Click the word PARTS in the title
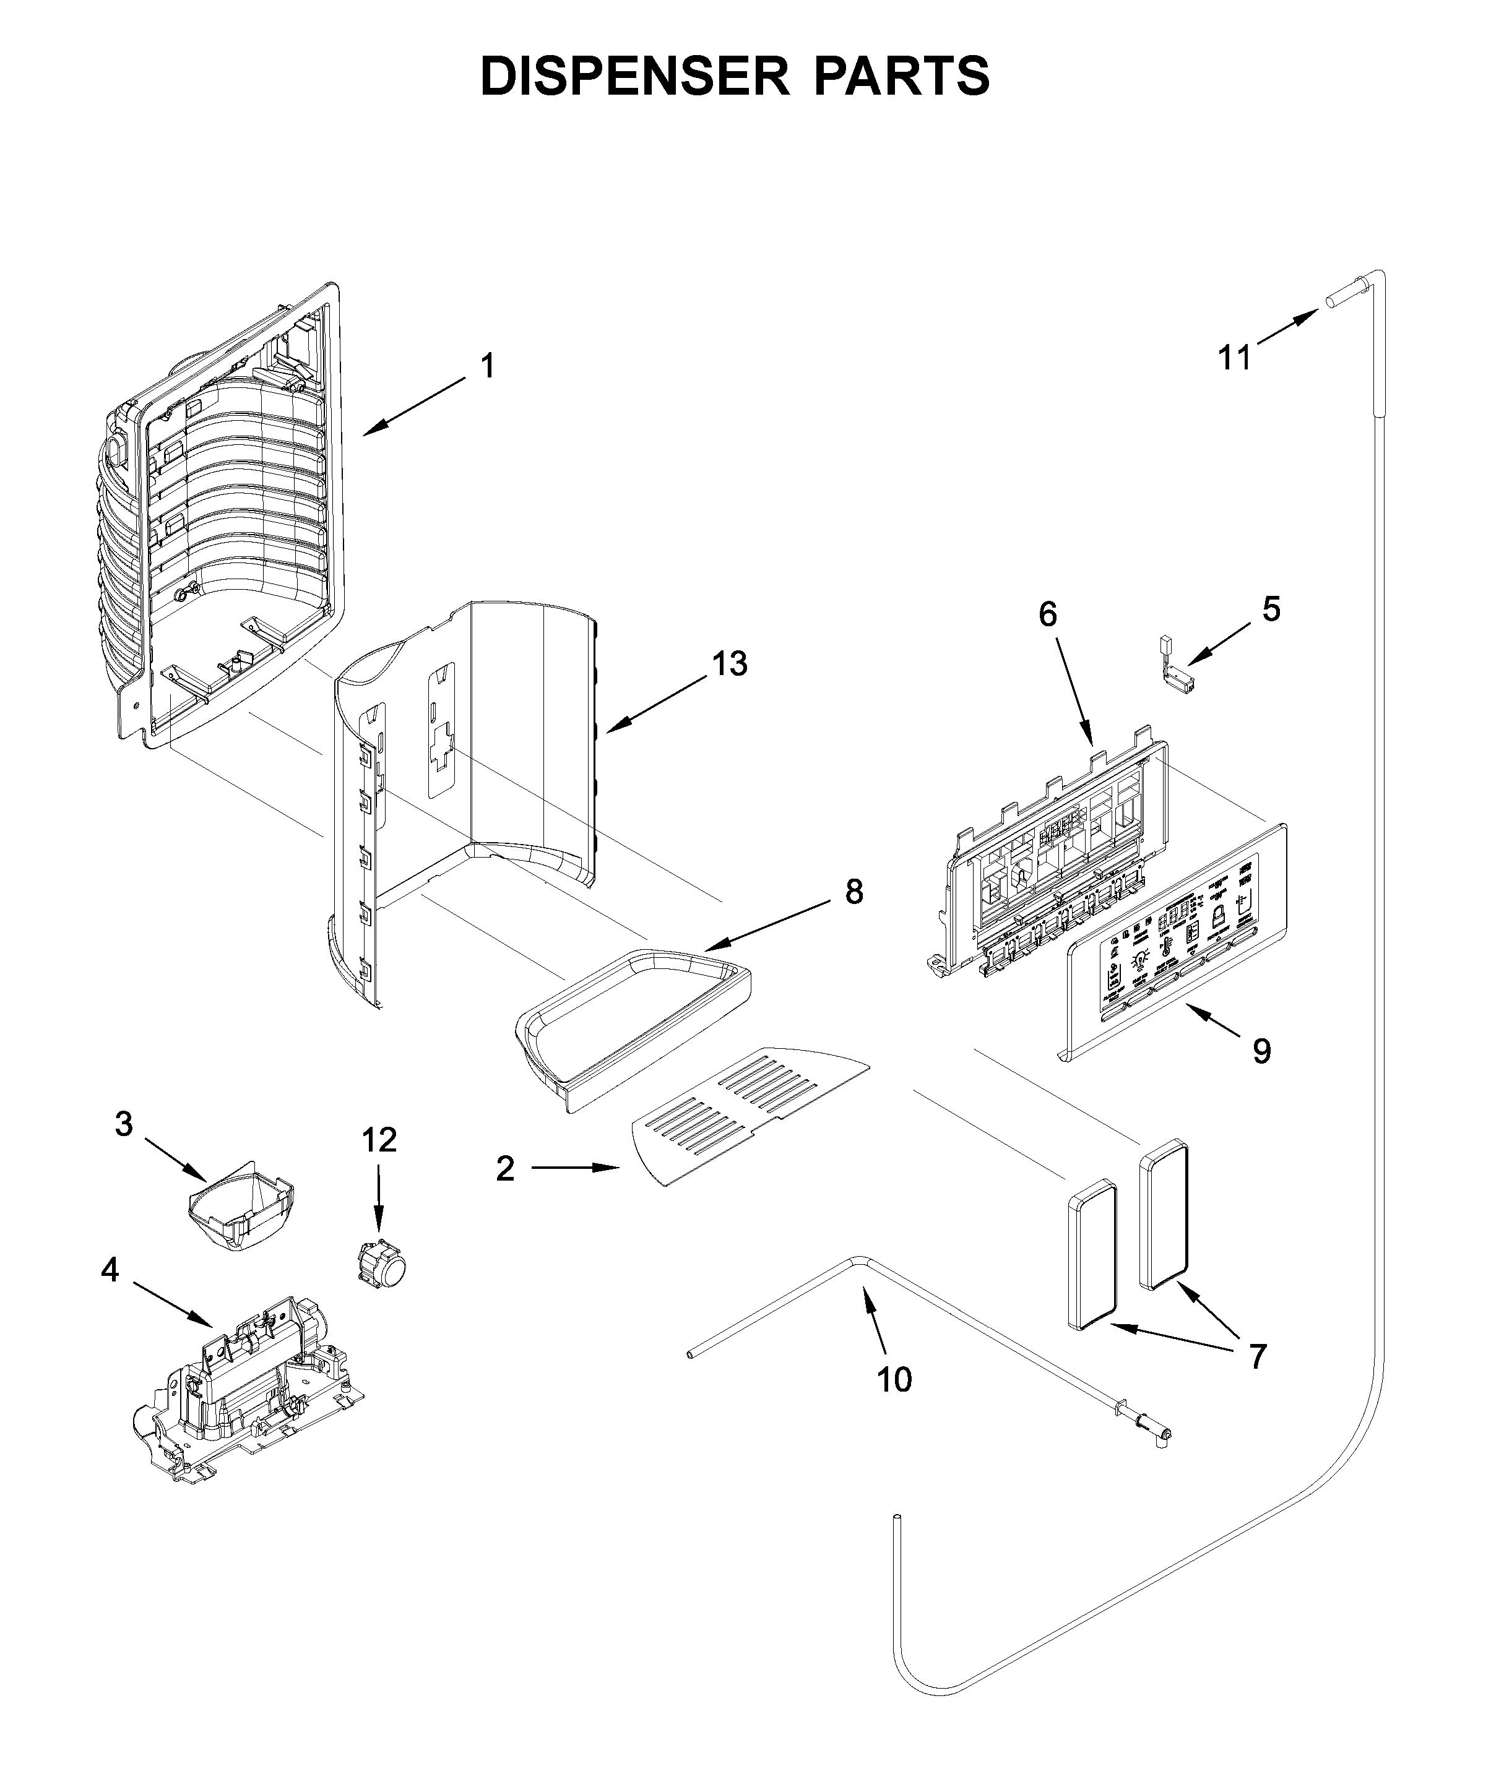pyautogui.click(x=902, y=77)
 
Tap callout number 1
pyautogui.click(x=486, y=367)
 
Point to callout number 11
pyautogui.click(x=1234, y=358)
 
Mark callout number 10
pyautogui.click(x=894, y=1379)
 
